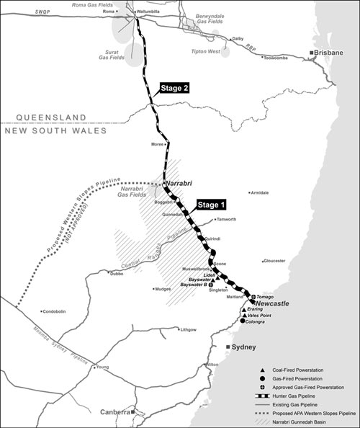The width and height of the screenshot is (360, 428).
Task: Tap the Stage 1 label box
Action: coord(212,203)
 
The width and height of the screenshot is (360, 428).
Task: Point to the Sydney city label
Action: coord(246,347)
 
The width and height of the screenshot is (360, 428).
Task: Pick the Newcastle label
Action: coord(271,304)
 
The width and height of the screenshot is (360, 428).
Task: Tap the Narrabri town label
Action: coord(180,184)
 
